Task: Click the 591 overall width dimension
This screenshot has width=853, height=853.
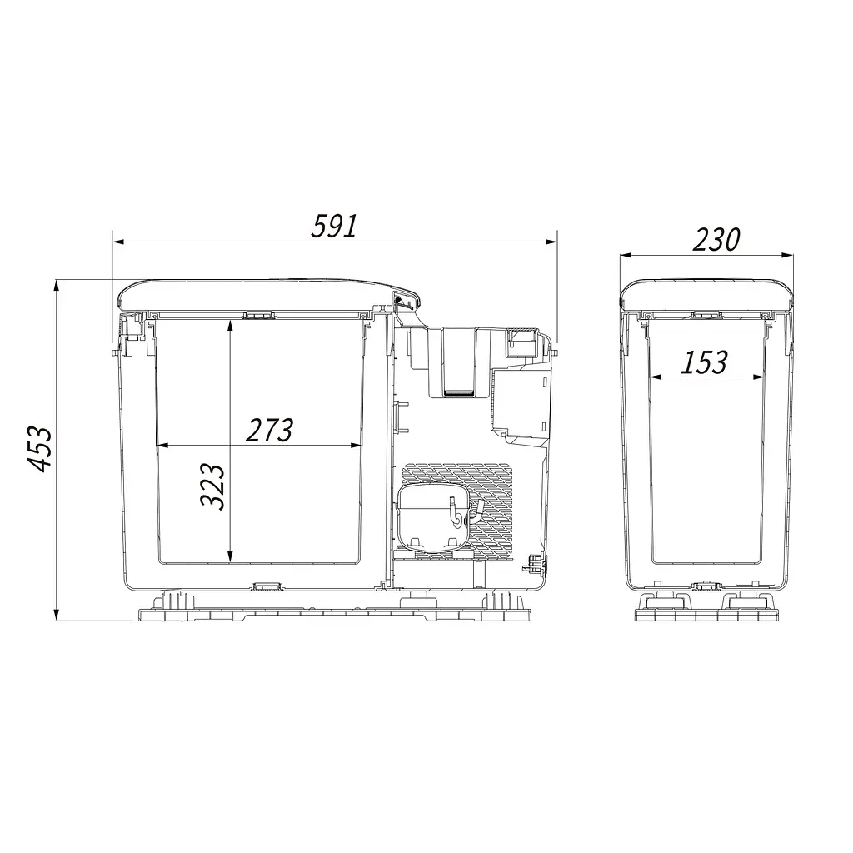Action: [333, 226]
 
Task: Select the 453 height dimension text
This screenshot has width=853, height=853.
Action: [40, 449]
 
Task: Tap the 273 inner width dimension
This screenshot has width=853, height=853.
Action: [269, 430]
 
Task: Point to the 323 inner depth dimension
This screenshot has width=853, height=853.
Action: [212, 486]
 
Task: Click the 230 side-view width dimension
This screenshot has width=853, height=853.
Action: [716, 239]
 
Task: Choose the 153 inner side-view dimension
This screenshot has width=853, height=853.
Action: [704, 362]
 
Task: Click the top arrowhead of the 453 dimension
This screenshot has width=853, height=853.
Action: [57, 287]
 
